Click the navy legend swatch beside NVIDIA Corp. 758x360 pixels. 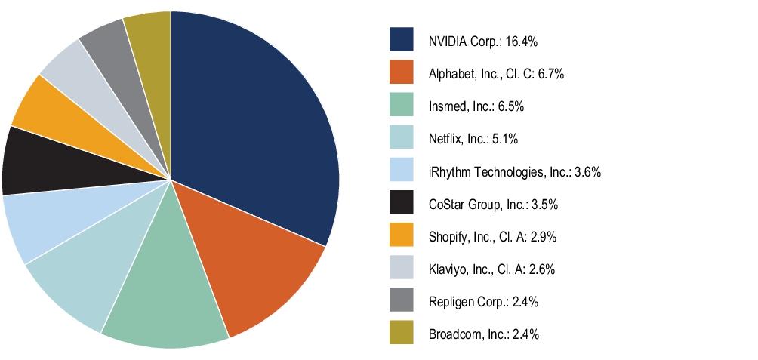click(402, 40)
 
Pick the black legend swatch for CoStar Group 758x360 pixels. click(402, 204)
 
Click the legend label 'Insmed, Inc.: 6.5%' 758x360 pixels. click(476, 106)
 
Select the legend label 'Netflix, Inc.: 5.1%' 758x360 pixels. click(473, 139)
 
